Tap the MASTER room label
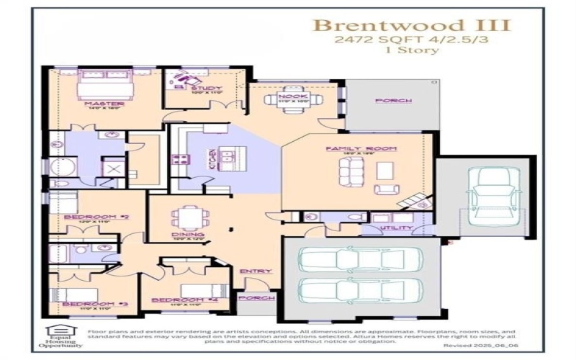[105, 104]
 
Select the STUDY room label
[199, 88]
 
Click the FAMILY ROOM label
[352, 148]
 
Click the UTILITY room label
[397, 228]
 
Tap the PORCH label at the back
[393, 101]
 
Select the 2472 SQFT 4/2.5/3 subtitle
[411, 40]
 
